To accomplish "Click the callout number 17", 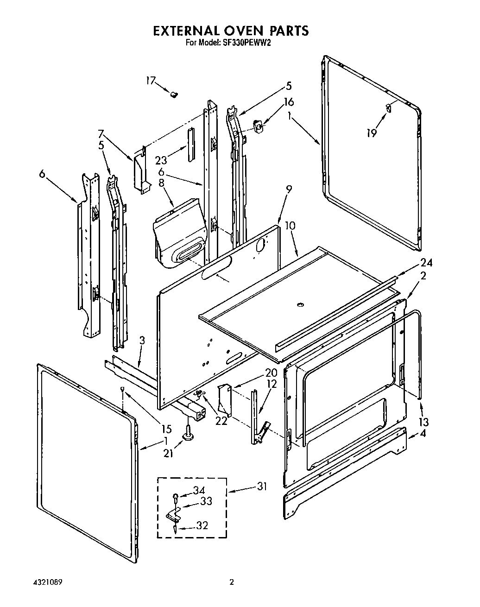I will pyautogui.click(x=151, y=81).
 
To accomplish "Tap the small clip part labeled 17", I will pyautogui.click(x=174, y=95).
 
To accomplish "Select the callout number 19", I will pyautogui.click(x=371, y=133).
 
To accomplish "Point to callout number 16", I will pyautogui.click(x=289, y=102).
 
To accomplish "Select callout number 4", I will pyautogui.click(x=423, y=434).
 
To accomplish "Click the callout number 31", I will pyautogui.click(x=262, y=487).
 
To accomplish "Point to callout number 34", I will pyautogui.click(x=199, y=490).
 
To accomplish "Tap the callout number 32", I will pyautogui.click(x=202, y=525).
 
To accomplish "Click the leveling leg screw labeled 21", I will pyautogui.click(x=189, y=434).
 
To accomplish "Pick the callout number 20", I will pyautogui.click(x=271, y=373).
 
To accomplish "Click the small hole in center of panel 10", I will pyautogui.click(x=299, y=304).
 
